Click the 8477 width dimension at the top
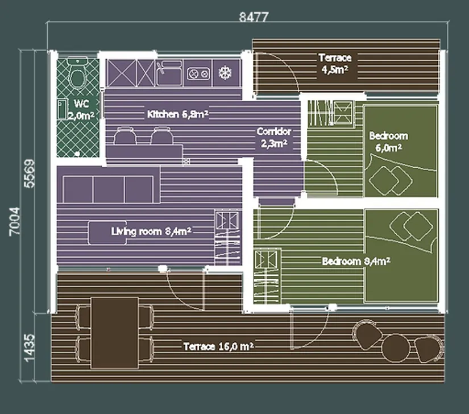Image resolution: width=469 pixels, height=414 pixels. pyautogui.click(x=254, y=17)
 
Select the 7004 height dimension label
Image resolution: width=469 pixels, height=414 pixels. pyautogui.click(x=14, y=221)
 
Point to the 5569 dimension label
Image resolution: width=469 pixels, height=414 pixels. pyautogui.click(x=30, y=173)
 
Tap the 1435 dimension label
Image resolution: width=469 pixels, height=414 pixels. pyautogui.click(x=30, y=348)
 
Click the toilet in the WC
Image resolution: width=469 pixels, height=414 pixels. pyautogui.click(x=77, y=73)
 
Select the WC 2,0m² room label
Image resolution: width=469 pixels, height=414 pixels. pyautogui.click(x=81, y=110)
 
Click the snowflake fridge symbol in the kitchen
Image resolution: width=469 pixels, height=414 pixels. pyautogui.click(x=225, y=73)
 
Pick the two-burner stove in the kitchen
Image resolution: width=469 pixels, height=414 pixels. pyautogui.click(x=198, y=73)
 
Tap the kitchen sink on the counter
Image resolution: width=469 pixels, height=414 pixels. pyautogui.click(x=169, y=73)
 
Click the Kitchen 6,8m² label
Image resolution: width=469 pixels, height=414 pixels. pyautogui.click(x=178, y=114)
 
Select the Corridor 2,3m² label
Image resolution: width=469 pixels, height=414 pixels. pyautogui.click(x=274, y=138)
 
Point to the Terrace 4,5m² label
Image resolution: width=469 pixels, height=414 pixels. pyautogui.click(x=335, y=64)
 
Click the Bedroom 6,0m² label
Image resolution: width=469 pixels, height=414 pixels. pyautogui.click(x=388, y=142)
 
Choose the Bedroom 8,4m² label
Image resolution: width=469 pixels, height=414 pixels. pyautogui.click(x=356, y=261)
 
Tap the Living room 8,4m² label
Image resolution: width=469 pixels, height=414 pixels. pyautogui.click(x=151, y=231)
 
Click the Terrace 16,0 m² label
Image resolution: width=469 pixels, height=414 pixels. pyautogui.click(x=219, y=346)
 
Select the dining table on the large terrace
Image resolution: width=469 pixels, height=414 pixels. pyautogui.click(x=115, y=333)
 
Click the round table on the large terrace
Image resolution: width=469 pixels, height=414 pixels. pyautogui.click(x=396, y=348)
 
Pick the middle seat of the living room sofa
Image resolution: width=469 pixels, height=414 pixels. pyautogui.click(x=109, y=189)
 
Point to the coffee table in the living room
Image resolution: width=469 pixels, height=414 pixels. pyautogui.click(x=107, y=233)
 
